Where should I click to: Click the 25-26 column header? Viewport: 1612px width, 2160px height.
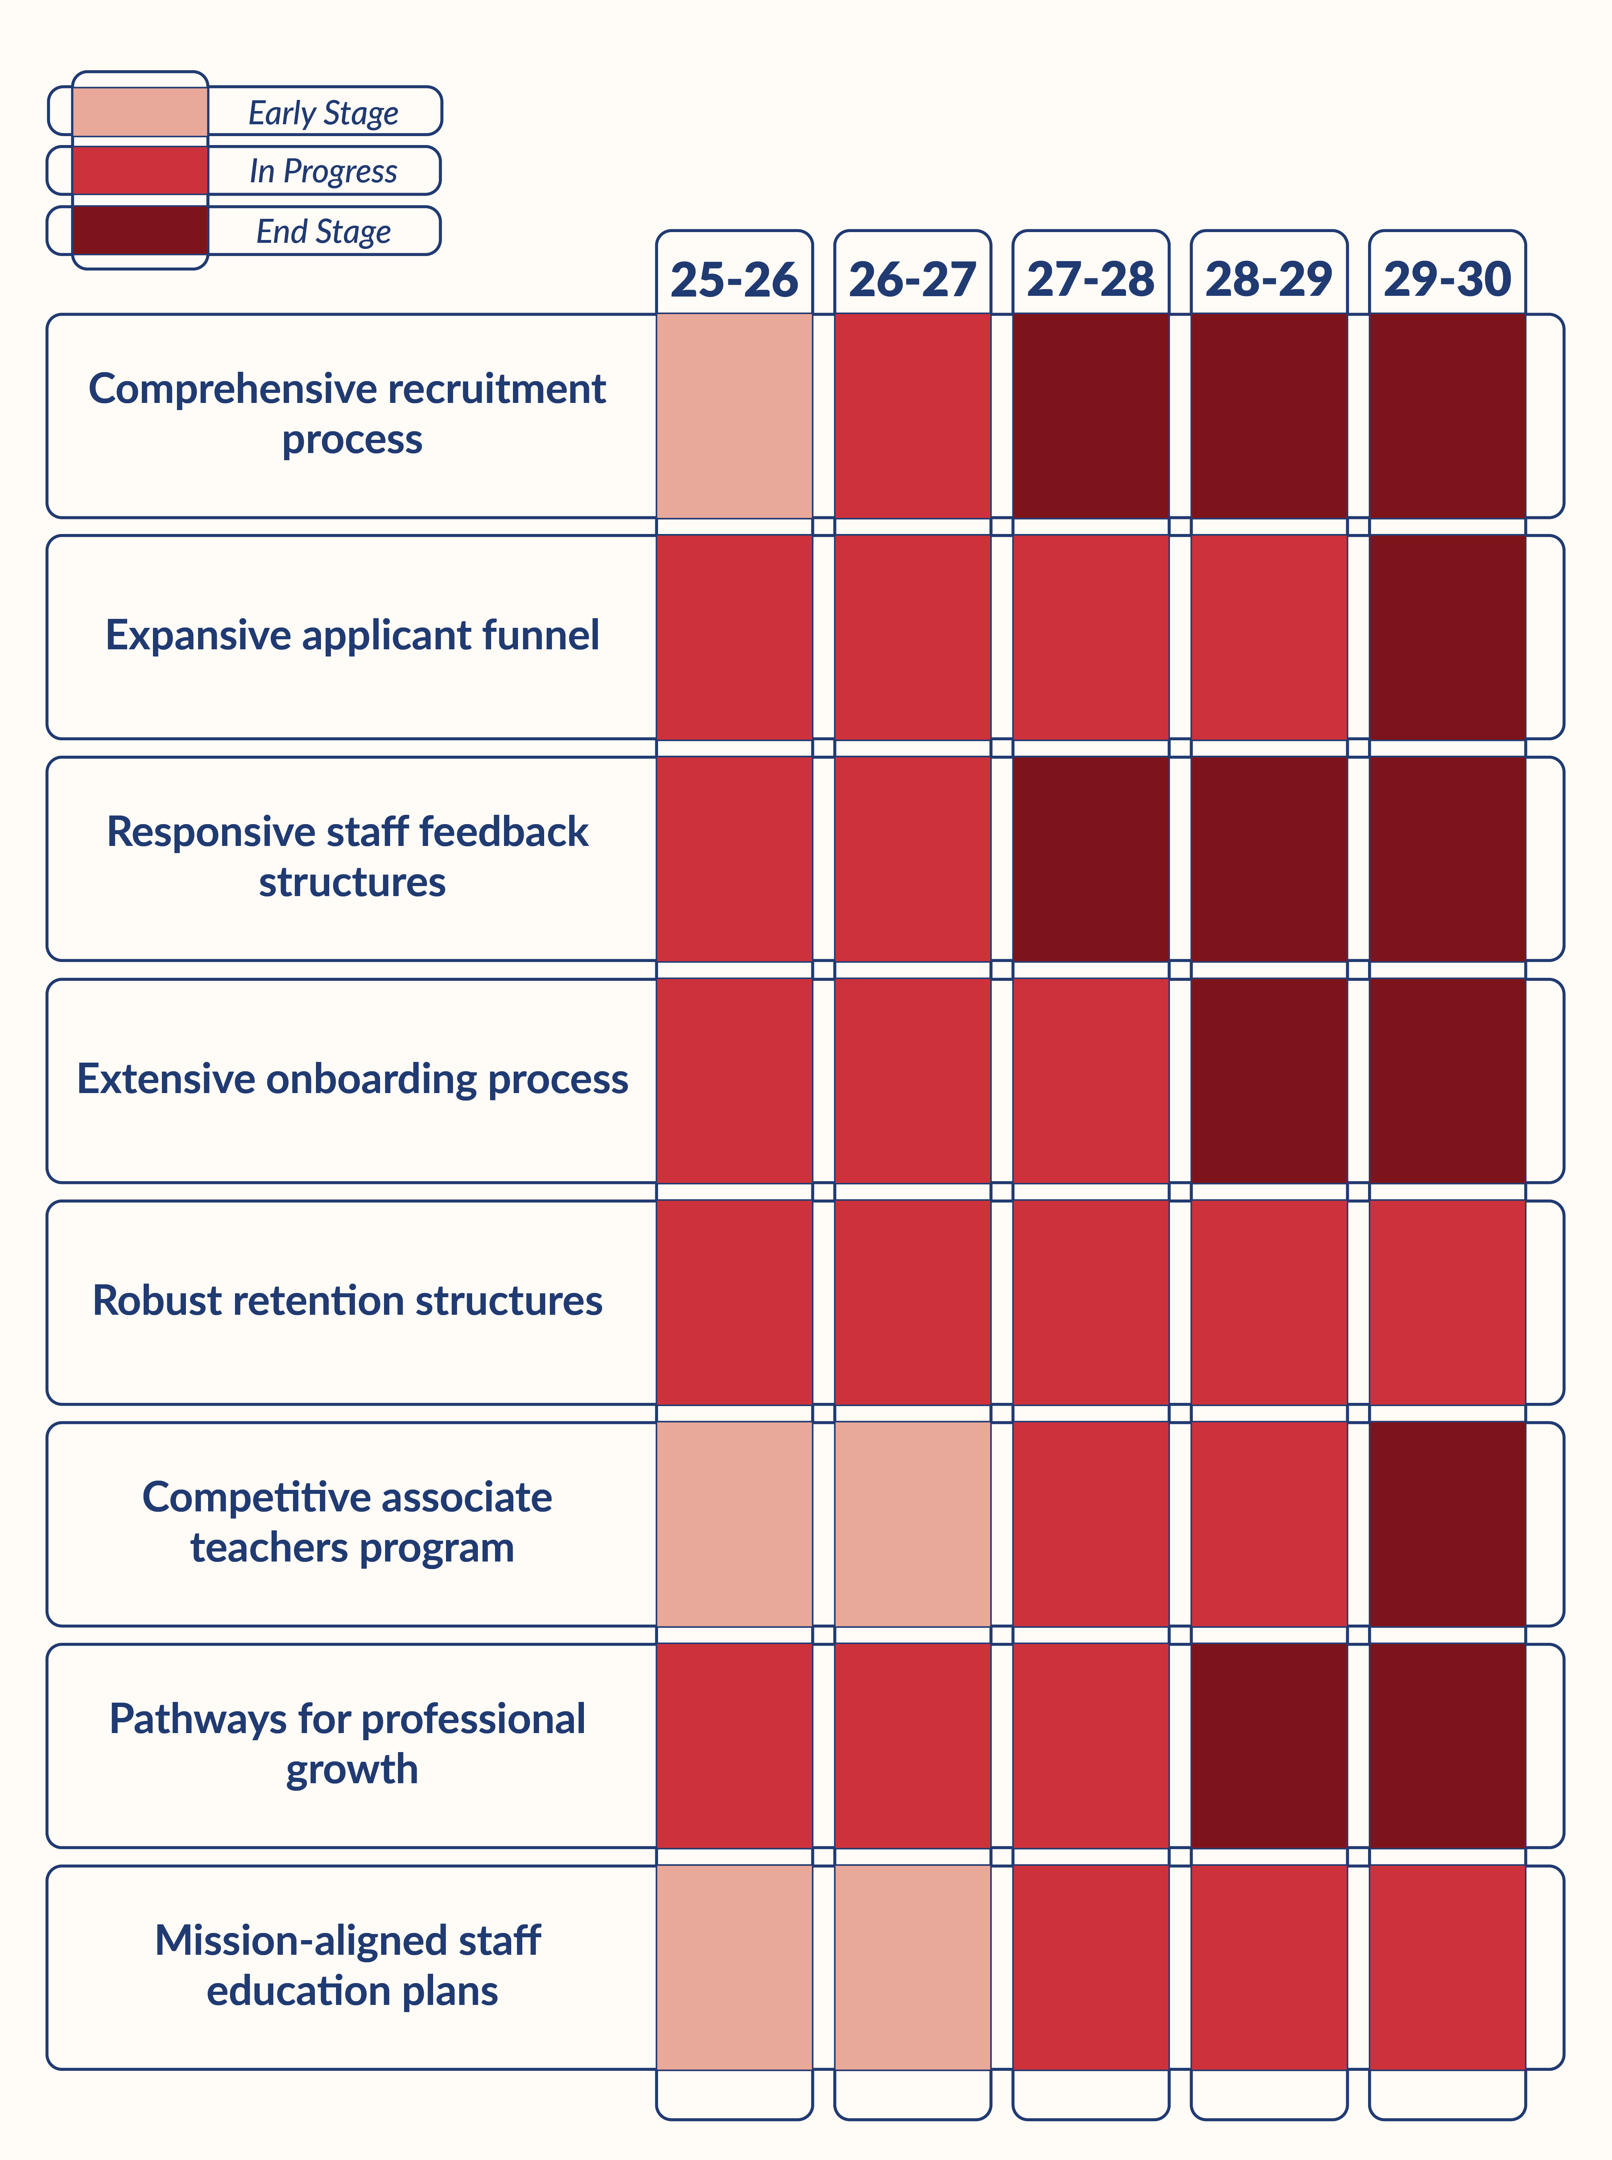(734, 279)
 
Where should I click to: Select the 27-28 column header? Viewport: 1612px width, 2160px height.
(1090, 279)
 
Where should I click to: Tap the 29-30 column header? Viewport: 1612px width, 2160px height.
(1447, 279)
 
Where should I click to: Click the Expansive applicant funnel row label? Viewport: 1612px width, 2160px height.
(352, 635)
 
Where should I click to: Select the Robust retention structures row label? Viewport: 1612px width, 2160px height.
(347, 1300)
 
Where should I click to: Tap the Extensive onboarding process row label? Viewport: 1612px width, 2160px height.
(352, 1079)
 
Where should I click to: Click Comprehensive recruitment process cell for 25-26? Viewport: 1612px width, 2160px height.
(734, 415)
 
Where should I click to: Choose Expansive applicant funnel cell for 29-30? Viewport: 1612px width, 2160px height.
(1447, 637)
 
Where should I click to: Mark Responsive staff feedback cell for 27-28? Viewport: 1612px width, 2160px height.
(1090, 858)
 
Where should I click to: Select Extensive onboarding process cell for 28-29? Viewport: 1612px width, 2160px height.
(1268, 1080)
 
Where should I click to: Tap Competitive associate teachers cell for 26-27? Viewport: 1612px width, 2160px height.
(912, 1524)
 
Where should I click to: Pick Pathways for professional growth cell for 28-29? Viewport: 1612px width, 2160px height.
(1268, 1745)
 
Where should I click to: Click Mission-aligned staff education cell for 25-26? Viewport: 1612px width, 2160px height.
(734, 1967)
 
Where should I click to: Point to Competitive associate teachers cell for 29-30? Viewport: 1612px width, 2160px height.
(1447, 1524)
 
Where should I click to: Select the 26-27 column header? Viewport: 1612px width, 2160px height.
(912, 279)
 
